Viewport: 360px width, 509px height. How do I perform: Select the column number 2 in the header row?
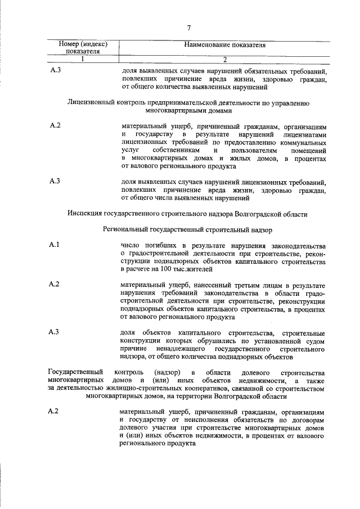click(224, 60)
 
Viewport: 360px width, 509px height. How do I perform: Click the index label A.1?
click(55, 245)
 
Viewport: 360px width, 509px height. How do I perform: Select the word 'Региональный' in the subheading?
click(127, 230)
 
